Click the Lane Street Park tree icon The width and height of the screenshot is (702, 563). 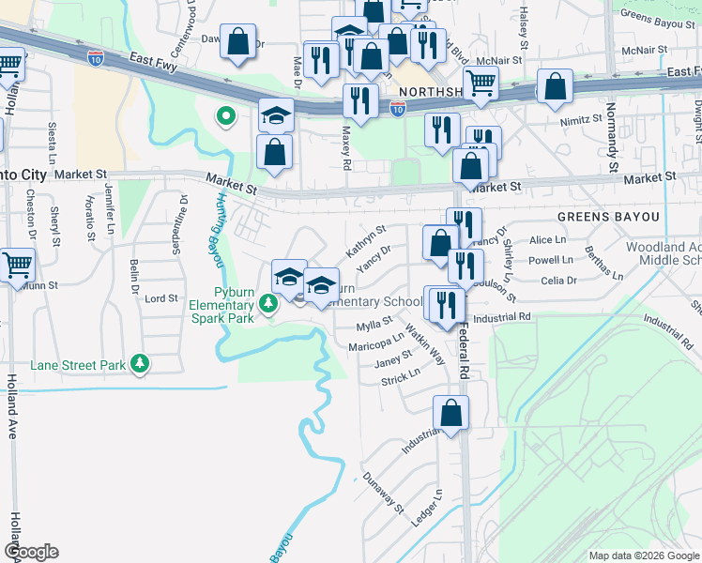(140, 362)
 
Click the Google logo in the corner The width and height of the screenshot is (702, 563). (31, 552)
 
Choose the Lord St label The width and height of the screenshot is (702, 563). (161, 298)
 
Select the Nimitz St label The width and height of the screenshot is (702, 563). (582, 119)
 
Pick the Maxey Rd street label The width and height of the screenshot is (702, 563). (346, 149)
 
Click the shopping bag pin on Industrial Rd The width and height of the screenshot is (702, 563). (451, 413)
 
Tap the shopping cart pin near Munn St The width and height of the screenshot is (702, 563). (18, 266)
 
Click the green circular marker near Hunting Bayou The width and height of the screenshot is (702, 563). (225, 116)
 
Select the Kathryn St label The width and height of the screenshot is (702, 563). (366, 240)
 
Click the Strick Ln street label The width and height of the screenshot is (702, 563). (401, 377)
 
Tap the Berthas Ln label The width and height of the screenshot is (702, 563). (603, 264)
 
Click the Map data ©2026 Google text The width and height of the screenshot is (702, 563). (643, 555)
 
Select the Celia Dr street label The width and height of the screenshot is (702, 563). (558, 280)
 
